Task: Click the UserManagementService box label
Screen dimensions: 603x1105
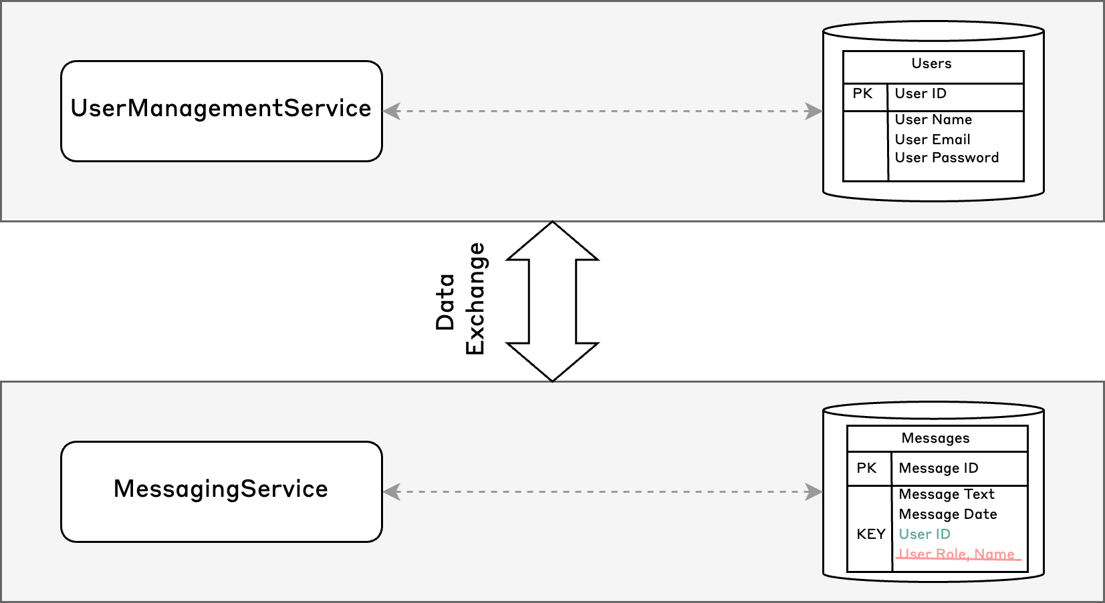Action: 221,108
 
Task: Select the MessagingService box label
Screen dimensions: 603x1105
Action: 221,489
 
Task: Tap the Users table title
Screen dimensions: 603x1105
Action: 931,63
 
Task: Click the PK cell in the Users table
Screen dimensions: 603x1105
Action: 862,93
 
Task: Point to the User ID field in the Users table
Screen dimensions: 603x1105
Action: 920,93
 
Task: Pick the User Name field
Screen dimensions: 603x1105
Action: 933,120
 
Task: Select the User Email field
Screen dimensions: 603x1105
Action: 933,140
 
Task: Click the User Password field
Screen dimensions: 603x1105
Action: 947,158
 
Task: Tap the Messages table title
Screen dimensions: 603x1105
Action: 935,438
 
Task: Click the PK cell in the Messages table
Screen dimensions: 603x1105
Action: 866,468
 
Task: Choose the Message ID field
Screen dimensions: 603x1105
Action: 938,468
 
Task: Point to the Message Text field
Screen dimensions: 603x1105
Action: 947,494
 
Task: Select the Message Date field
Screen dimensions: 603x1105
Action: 948,514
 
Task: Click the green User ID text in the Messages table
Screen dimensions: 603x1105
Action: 925,534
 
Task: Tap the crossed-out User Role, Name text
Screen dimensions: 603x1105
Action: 957,554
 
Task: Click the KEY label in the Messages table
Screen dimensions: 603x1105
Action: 870,534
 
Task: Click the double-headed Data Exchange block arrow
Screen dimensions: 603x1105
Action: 552,301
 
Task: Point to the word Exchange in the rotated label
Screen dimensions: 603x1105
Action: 475,298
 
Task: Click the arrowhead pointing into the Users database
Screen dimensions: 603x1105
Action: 813,112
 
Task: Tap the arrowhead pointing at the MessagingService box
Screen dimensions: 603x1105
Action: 392,492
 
